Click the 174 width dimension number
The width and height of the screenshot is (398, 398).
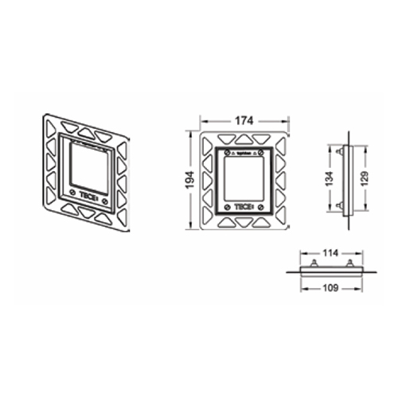pyautogui.click(x=244, y=120)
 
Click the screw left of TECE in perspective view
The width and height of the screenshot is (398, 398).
pyautogui.click(x=72, y=191)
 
